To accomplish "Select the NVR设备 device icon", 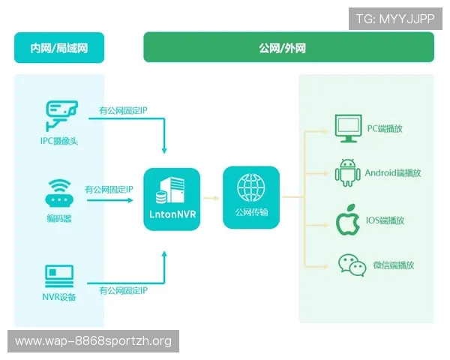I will (59, 275).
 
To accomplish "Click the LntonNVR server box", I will (172, 199).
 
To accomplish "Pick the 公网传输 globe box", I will (250, 197).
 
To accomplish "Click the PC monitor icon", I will (346, 129).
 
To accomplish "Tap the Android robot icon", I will (346, 173).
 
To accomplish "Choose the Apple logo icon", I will (346, 220).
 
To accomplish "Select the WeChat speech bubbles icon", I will (350, 265).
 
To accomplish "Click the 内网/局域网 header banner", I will (59, 48).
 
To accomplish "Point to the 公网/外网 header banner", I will (288, 48).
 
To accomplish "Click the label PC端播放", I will (385, 129).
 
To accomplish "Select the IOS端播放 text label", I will (385, 220).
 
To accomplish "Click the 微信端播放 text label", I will (394, 265).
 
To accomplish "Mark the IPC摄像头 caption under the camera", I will (59, 140).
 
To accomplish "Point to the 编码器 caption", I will (59, 218).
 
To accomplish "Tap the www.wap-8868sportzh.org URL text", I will (93, 341).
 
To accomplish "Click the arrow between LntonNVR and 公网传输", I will (212, 199).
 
